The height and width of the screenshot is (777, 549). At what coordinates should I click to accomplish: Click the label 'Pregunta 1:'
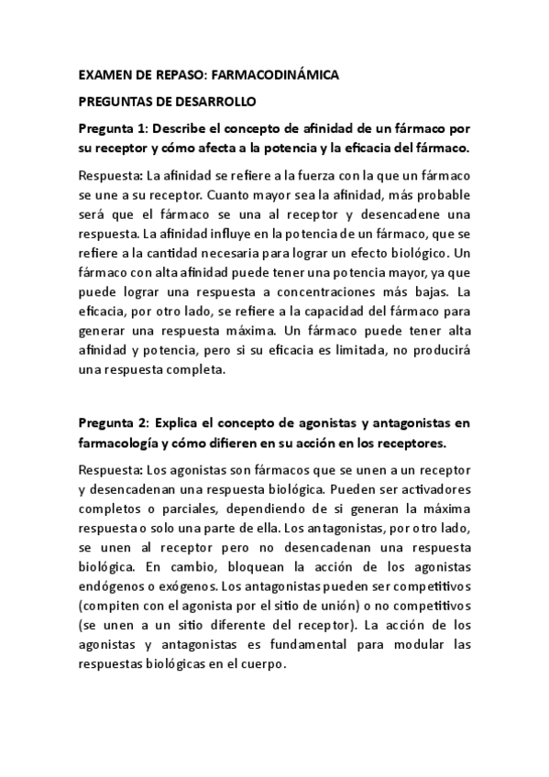113,127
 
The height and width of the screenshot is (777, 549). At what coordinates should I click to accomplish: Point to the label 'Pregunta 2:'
113,422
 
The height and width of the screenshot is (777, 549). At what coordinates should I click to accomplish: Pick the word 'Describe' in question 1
181,127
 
